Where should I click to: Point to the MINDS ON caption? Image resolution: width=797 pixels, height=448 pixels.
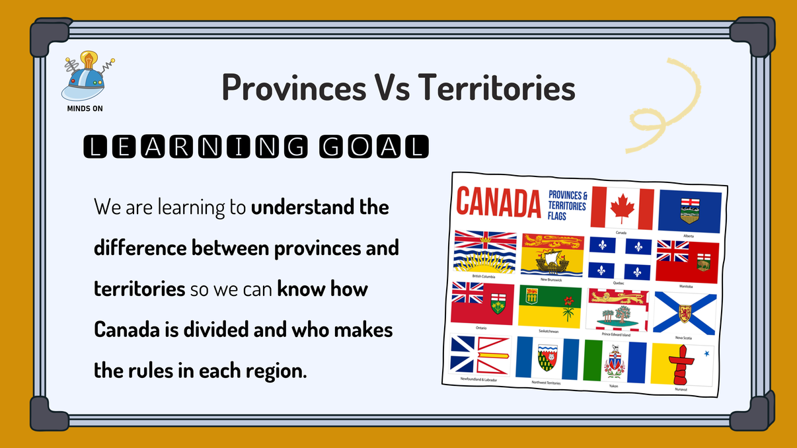(85, 108)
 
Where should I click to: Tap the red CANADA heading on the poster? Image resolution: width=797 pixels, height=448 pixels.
(499, 203)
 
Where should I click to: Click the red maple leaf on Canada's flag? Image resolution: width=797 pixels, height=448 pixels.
(621, 208)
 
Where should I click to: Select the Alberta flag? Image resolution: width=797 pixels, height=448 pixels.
(690, 211)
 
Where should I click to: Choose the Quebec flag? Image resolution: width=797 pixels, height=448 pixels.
(619, 258)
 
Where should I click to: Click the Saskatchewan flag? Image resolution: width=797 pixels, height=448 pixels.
(550, 307)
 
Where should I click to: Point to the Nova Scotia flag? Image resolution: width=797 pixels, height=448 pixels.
(685, 313)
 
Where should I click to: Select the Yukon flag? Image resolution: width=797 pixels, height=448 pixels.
(615, 361)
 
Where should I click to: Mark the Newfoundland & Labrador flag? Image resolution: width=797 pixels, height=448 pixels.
(480, 355)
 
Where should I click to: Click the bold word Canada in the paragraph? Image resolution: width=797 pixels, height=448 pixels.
(122, 328)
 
